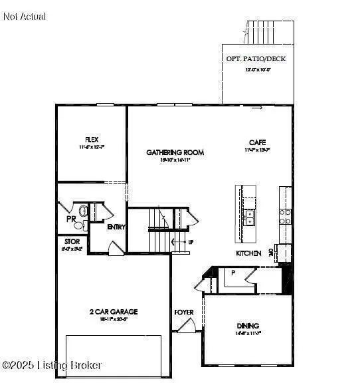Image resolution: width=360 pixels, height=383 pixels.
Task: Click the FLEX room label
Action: [x=92, y=139]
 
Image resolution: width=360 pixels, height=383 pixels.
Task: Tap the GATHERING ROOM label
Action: [x=175, y=152]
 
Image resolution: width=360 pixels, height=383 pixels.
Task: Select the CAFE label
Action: [x=258, y=142]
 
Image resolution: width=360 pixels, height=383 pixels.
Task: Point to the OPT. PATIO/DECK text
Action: [x=256, y=59]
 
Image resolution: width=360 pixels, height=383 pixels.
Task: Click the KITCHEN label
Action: [x=248, y=253]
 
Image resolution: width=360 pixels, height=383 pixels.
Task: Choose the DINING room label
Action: [x=248, y=325]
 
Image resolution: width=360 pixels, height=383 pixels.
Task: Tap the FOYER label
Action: [x=183, y=312]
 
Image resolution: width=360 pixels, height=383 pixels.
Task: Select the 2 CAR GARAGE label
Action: [x=114, y=311]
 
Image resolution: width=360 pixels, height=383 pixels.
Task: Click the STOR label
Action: [x=72, y=241]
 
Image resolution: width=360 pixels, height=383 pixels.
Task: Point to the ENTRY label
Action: [x=116, y=227]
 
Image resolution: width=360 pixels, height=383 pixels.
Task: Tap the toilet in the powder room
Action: [x=83, y=212]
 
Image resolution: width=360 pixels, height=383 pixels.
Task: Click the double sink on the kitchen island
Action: [x=250, y=217]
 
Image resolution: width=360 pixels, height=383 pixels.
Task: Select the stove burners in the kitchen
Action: [x=286, y=216]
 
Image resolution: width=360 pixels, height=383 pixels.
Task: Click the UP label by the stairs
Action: [x=191, y=242]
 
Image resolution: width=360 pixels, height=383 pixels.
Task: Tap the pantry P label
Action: [x=233, y=273]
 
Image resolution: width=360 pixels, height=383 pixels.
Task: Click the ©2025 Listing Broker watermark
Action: [x=52, y=365]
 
